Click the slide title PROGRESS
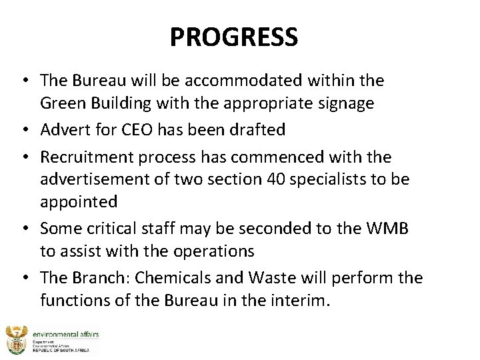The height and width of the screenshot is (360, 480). [x=234, y=37]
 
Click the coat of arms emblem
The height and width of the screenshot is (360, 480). [x=15, y=339]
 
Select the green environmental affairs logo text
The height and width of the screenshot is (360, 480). [x=63, y=331]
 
